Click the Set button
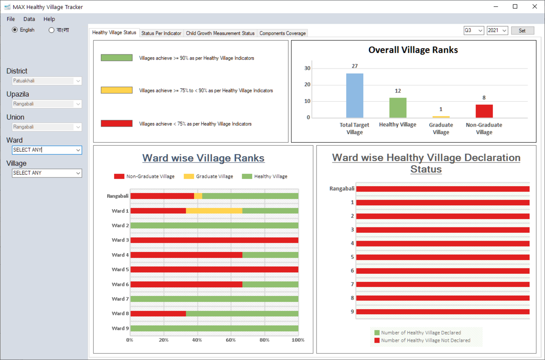point(522,30)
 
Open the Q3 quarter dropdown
point(474,30)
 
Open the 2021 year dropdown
point(497,30)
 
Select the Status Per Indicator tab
point(161,33)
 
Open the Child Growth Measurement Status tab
point(220,33)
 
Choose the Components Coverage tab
point(282,33)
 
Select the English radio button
point(15,30)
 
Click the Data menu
point(29,19)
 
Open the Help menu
point(49,19)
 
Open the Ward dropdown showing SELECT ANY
point(47,150)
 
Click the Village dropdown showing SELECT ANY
point(47,173)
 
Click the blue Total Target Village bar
point(355,95)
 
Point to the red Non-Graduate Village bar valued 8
point(484,111)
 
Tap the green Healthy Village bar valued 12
point(398,108)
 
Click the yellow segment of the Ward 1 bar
point(214,211)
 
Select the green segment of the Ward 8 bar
point(242,314)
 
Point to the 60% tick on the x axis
point(231,340)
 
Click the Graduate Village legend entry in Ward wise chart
point(209,176)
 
